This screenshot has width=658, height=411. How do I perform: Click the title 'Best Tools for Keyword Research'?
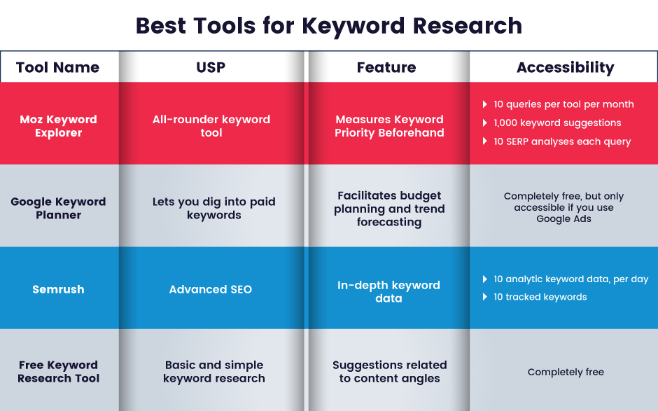click(328, 26)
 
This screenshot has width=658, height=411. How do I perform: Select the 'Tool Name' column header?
click(57, 67)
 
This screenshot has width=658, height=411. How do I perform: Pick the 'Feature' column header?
click(386, 67)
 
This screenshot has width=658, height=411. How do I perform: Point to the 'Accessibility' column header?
click(565, 67)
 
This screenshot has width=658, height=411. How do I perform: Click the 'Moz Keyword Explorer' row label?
click(58, 126)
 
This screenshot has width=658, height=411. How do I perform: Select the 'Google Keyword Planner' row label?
click(58, 208)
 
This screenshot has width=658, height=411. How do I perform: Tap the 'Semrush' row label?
click(58, 289)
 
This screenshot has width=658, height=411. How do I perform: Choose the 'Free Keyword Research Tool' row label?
click(58, 372)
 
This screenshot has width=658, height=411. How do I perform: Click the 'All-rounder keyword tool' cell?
click(211, 126)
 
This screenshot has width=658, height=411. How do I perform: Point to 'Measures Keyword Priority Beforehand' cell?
click(389, 126)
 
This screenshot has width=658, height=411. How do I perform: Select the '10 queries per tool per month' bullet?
click(563, 104)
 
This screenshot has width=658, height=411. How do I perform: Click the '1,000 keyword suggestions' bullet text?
click(557, 123)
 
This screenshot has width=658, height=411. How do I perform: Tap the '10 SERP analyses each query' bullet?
click(562, 141)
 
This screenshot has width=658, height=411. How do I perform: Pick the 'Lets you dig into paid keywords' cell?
click(214, 208)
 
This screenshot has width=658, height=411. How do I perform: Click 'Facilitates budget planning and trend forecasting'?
click(389, 209)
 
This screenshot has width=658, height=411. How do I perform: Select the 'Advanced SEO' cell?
click(211, 289)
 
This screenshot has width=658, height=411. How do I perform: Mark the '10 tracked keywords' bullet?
click(540, 297)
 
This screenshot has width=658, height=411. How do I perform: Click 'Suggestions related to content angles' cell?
click(389, 372)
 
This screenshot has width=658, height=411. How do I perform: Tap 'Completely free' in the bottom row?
click(566, 372)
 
